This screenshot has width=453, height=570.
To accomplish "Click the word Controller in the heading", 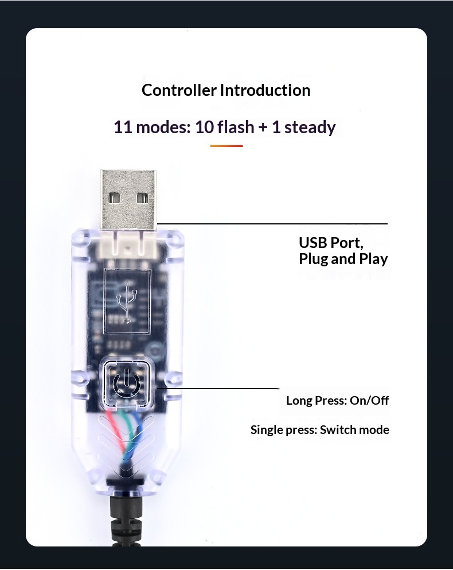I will (179, 90).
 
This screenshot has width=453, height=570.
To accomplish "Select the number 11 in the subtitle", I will (123, 127).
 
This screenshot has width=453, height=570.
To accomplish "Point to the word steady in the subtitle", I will (310, 127).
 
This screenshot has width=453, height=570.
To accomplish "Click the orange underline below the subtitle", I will (226, 146).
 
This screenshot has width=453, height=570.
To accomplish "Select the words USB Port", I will (331, 242).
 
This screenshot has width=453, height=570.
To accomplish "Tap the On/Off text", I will (369, 400).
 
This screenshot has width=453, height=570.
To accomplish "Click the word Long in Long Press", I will (299, 400).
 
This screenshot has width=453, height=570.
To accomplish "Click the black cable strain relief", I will (124, 517).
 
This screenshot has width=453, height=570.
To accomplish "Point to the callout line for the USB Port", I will (272, 223).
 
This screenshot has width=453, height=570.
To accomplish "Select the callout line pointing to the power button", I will (218, 389).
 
